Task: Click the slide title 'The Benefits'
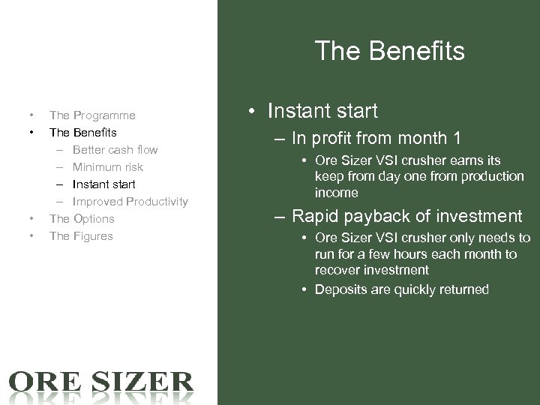(x=390, y=52)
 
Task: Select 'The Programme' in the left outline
(x=92, y=115)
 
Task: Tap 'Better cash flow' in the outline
(x=115, y=150)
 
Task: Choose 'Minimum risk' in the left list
(x=107, y=167)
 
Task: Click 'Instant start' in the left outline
(x=103, y=184)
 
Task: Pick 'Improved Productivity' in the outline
(x=130, y=201)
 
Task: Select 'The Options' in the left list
(x=82, y=218)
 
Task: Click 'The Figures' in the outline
(x=81, y=236)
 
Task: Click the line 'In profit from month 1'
(x=376, y=139)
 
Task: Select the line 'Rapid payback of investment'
(x=406, y=217)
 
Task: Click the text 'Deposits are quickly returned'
(x=402, y=289)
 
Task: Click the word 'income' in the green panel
(x=337, y=193)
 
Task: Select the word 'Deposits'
(x=340, y=289)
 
